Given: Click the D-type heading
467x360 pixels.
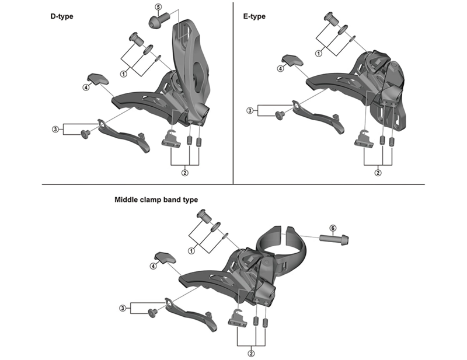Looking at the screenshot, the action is (x=62, y=16).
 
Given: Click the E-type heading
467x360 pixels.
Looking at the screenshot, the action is (x=254, y=16).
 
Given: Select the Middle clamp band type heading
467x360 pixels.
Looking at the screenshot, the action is (x=156, y=200).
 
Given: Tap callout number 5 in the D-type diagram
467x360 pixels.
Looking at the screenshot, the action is (x=158, y=6).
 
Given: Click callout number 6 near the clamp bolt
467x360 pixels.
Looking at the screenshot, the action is (x=333, y=228).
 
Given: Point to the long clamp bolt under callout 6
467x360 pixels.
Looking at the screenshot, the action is (x=334, y=239).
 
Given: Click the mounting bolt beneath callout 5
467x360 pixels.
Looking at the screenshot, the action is (x=159, y=20).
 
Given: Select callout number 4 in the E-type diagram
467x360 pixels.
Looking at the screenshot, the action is (x=281, y=69).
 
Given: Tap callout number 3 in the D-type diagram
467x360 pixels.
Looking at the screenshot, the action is (x=55, y=129).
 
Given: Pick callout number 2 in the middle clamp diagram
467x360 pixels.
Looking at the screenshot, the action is (x=251, y=354).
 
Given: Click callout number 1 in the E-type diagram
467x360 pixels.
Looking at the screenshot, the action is (x=319, y=54).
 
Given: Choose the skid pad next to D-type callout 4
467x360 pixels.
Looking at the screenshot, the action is (x=98, y=79).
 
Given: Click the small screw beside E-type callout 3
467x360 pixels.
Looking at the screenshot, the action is (x=280, y=115).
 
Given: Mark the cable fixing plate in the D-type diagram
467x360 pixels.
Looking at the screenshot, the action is (x=171, y=139).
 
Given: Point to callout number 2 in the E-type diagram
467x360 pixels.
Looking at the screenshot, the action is (x=378, y=173).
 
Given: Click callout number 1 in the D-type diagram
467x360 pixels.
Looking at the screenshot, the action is (x=124, y=74).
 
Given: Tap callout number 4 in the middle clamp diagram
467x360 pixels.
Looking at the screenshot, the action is (x=153, y=266).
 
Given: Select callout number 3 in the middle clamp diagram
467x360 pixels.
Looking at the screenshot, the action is (x=123, y=308).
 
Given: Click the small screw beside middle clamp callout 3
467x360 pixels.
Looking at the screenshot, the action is (x=153, y=313).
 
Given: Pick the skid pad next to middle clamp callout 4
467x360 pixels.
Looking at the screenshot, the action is (x=165, y=258).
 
